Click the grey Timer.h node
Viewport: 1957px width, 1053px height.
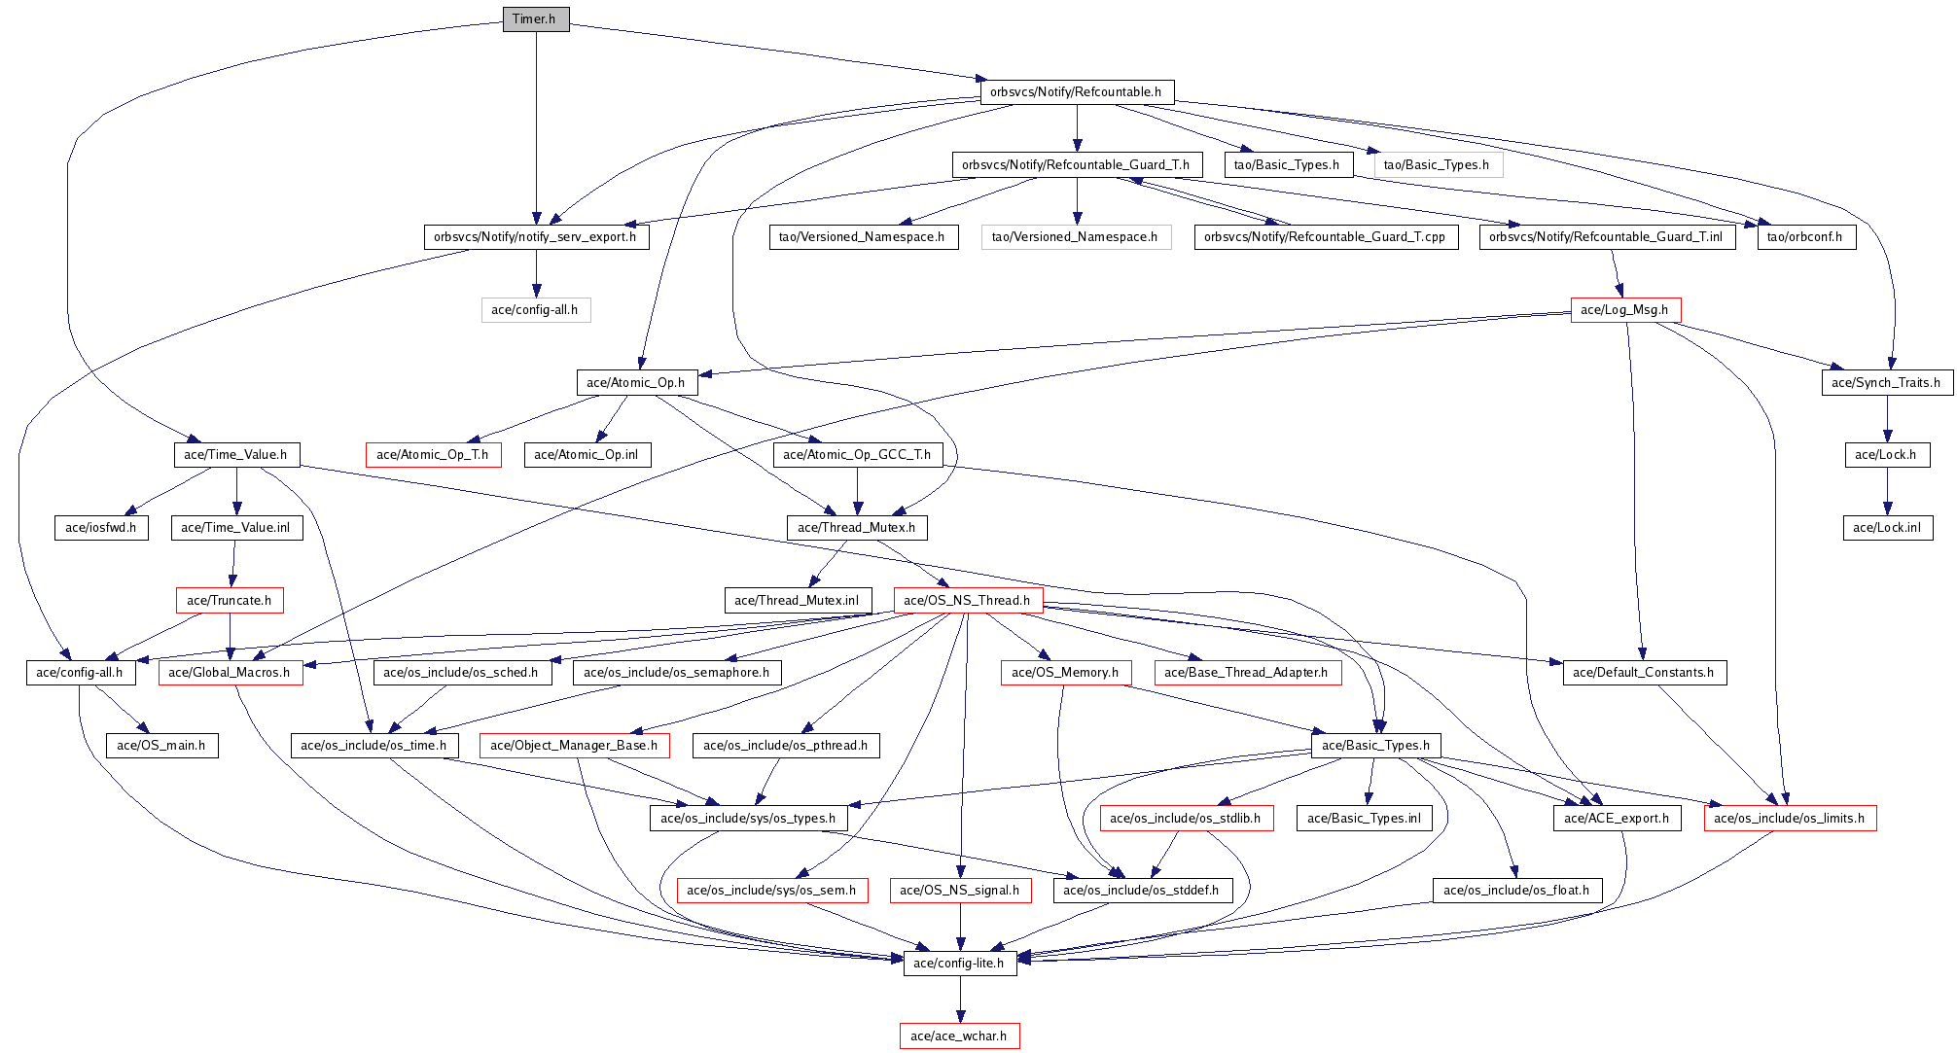point(535,19)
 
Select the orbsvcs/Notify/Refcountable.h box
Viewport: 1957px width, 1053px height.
point(1077,92)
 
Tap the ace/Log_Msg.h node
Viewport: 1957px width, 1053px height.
point(1625,310)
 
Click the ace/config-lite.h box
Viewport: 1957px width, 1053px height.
point(960,964)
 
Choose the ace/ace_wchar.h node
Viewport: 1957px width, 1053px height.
point(960,1036)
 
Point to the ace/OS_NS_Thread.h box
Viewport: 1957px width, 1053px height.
point(968,601)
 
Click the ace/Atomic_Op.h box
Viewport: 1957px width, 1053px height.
point(636,383)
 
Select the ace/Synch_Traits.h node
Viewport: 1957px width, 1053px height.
point(1887,383)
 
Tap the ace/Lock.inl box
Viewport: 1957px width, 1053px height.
point(1887,528)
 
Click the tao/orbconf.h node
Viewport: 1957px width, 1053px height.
point(1806,237)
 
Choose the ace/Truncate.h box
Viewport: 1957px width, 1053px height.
point(230,601)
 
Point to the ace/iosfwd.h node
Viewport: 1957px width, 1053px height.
point(101,528)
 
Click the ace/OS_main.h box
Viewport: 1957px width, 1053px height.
point(161,746)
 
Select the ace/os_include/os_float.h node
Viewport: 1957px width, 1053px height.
point(1517,891)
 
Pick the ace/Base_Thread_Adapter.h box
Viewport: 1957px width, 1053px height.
point(1247,673)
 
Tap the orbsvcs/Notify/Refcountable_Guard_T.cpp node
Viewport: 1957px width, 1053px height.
point(1326,237)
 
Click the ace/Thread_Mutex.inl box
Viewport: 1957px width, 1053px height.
point(798,601)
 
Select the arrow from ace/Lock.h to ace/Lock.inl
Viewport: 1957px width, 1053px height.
point(1887,491)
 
